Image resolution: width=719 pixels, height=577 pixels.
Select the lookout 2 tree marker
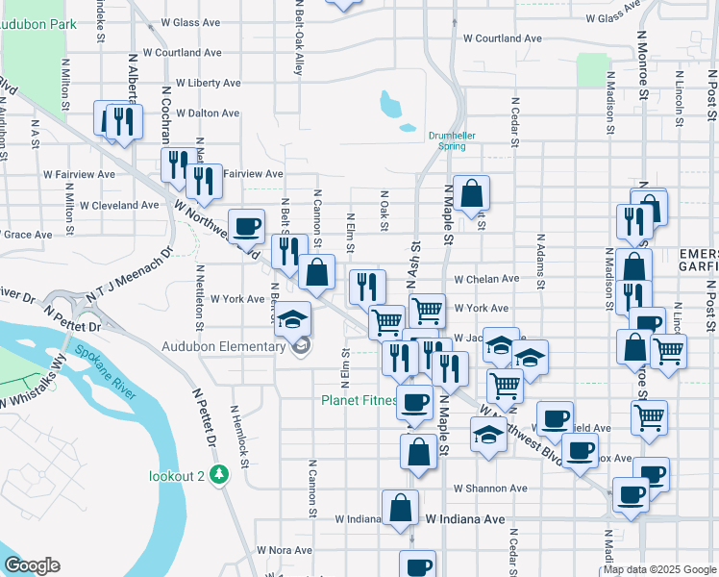[x=220, y=474]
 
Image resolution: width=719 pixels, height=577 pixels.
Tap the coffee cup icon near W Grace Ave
[x=246, y=225]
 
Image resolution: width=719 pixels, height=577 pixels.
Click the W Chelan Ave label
[x=486, y=279]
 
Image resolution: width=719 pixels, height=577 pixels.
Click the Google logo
[x=32, y=565]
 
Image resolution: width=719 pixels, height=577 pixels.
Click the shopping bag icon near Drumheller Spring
[x=471, y=193]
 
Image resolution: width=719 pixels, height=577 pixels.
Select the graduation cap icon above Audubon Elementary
[x=295, y=318]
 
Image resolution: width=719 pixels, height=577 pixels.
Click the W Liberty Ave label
[x=207, y=84]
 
